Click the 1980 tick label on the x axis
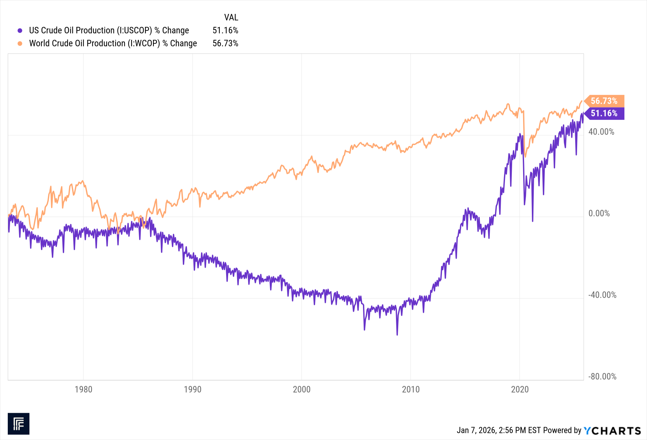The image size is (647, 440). [83, 389]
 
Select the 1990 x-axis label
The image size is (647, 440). [192, 389]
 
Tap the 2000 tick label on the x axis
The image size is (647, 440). [302, 389]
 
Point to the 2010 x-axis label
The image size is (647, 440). [411, 389]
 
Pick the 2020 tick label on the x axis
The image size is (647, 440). [520, 389]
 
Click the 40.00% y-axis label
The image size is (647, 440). [601, 132]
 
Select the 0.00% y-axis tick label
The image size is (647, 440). [599, 213]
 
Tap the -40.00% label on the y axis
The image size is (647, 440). [602, 295]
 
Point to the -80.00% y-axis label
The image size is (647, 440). [602, 377]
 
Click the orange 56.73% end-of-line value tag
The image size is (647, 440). [604, 101]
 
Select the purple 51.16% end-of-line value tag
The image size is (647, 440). [604, 113]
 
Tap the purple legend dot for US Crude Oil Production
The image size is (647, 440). [20, 30]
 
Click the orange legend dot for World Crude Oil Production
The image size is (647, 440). [20, 43]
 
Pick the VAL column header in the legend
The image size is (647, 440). [231, 17]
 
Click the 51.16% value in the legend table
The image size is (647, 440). [225, 30]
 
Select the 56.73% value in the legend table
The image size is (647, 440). [225, 43]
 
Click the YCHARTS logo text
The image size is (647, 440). [612, 431]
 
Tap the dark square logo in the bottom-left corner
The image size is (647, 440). [18, 423]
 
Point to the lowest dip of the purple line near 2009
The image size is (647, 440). [397, 334]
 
